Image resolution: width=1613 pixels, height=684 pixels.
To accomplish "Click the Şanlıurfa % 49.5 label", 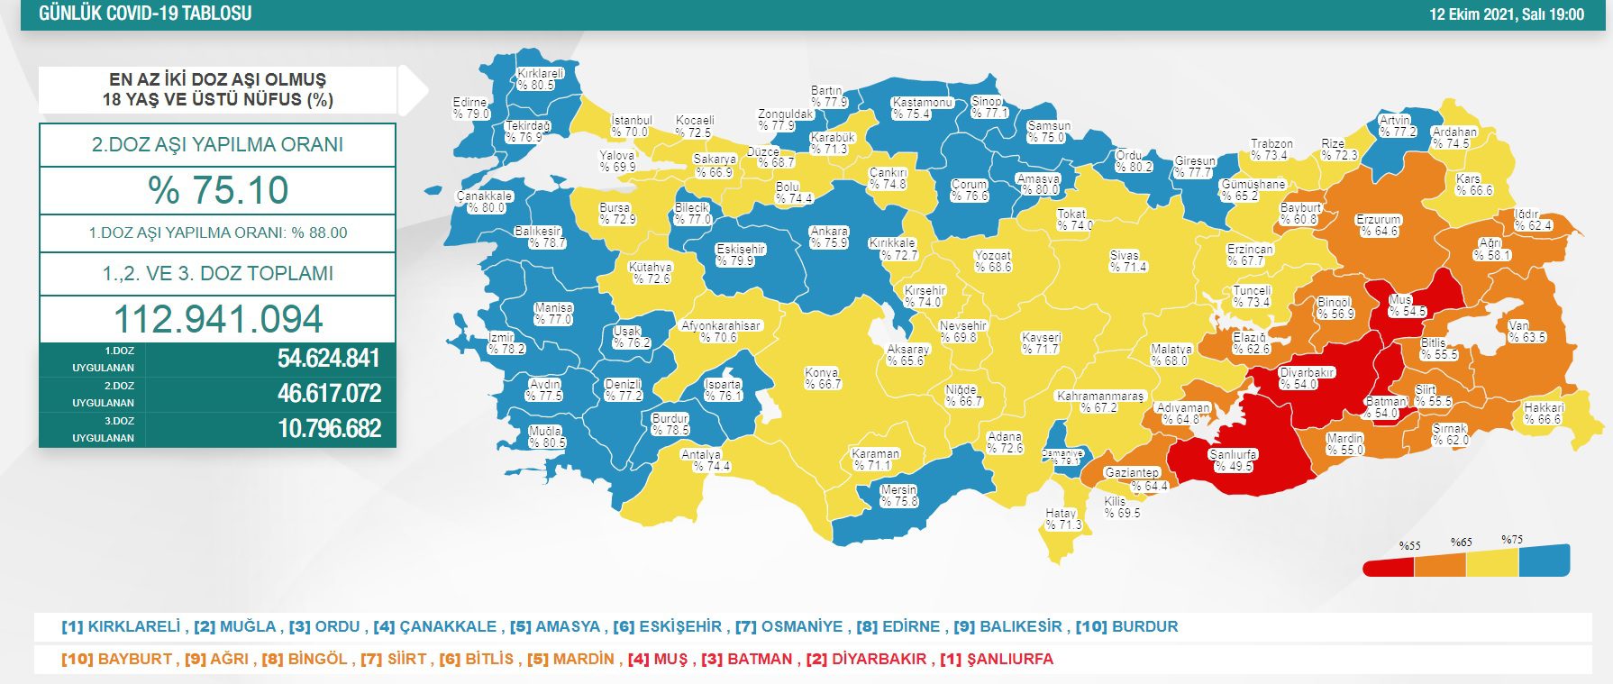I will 1233,461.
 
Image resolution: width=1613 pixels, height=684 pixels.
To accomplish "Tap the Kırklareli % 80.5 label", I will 540,79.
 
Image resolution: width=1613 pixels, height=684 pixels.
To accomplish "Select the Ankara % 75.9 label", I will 828,237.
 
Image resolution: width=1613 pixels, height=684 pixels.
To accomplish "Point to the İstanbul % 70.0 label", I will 631,126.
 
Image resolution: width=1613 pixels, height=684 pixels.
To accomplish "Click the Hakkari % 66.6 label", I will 1543,414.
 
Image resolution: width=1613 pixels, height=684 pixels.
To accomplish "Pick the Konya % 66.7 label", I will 823,378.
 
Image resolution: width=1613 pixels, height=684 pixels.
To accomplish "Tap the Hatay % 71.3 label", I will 1062,519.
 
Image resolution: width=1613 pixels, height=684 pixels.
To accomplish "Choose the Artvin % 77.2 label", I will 1397,126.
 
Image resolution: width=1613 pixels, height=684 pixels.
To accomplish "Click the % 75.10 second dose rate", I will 218,190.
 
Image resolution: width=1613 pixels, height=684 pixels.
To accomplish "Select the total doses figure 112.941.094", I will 218,319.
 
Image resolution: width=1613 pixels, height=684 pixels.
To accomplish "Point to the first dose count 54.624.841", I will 328,359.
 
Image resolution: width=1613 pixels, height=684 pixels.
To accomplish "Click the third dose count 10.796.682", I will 329,428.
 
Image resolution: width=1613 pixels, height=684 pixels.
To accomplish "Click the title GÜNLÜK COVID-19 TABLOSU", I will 145,14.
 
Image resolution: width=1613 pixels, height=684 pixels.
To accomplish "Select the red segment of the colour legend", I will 1388,566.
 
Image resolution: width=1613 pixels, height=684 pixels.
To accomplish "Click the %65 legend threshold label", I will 1461,543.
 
